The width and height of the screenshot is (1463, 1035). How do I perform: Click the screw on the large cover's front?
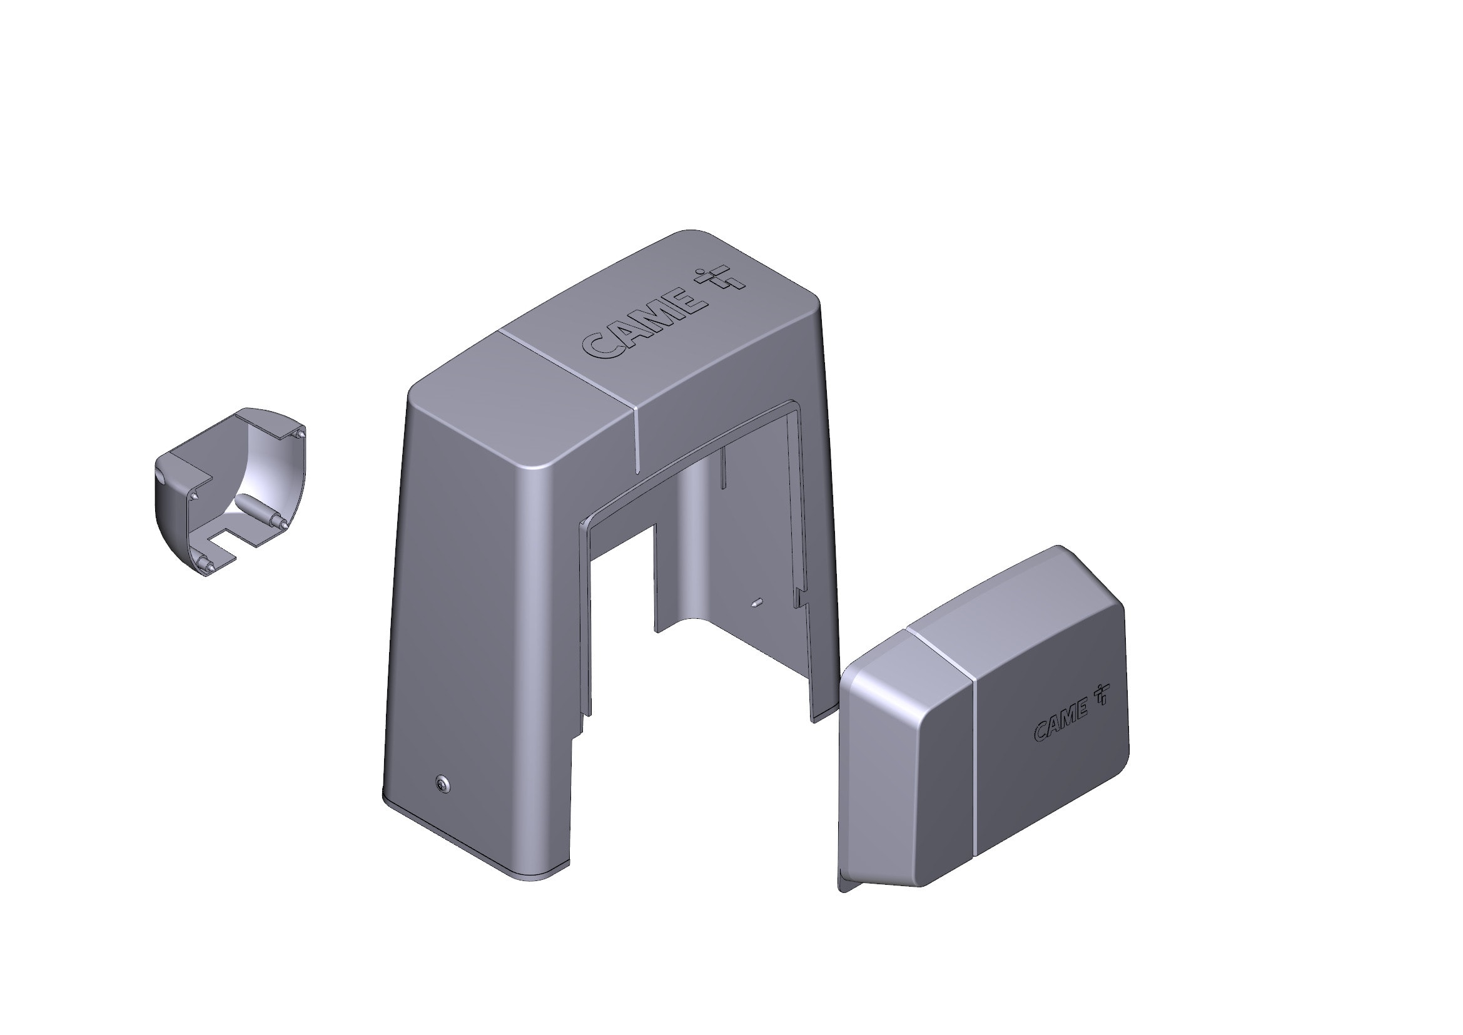tap(442, 785)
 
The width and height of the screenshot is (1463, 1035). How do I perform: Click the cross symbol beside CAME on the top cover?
tap(721, 280)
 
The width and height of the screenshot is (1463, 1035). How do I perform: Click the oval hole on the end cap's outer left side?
tap(160, 475)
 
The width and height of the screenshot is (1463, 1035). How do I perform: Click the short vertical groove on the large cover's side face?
tap(637, 440)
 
